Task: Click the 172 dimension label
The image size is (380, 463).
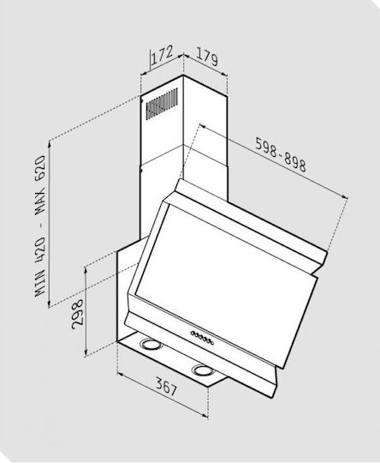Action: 162,55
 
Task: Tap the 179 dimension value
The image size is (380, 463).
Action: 206,57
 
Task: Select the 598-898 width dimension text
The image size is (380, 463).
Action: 281,154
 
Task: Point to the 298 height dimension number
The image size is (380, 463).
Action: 78,314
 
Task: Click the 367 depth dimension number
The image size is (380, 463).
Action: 166,387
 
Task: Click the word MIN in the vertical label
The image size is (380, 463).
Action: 40,284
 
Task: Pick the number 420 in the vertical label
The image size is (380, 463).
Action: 40,250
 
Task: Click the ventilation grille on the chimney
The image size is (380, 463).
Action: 162,104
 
